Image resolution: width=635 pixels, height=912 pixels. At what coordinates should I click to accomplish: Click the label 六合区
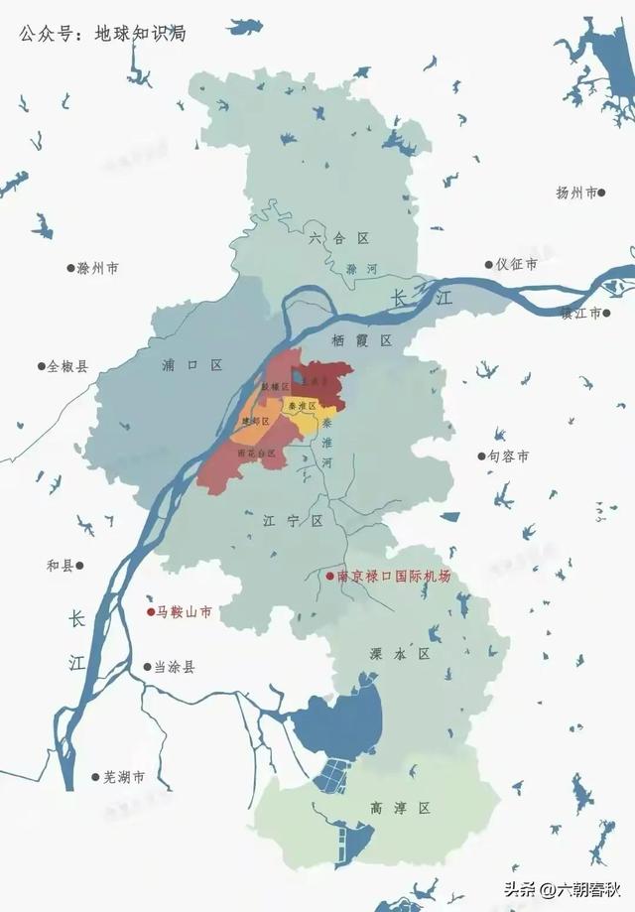coord(338,238)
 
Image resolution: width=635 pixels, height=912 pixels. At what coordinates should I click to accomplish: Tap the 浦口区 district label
coord(191,365)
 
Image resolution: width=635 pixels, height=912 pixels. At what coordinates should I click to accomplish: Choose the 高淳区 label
coord(397,809)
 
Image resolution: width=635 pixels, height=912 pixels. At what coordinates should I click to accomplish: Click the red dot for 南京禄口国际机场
coord(330,577)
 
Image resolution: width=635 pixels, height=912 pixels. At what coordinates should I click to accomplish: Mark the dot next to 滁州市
coord(70,268)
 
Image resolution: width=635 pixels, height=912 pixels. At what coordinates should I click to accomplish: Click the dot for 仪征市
coord(489,265)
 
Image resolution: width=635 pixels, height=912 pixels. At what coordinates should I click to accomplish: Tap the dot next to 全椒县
coord(41,366)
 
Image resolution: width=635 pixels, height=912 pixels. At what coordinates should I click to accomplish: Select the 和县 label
coord(61,566)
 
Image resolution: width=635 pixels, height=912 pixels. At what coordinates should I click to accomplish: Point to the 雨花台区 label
coord(252,453)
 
